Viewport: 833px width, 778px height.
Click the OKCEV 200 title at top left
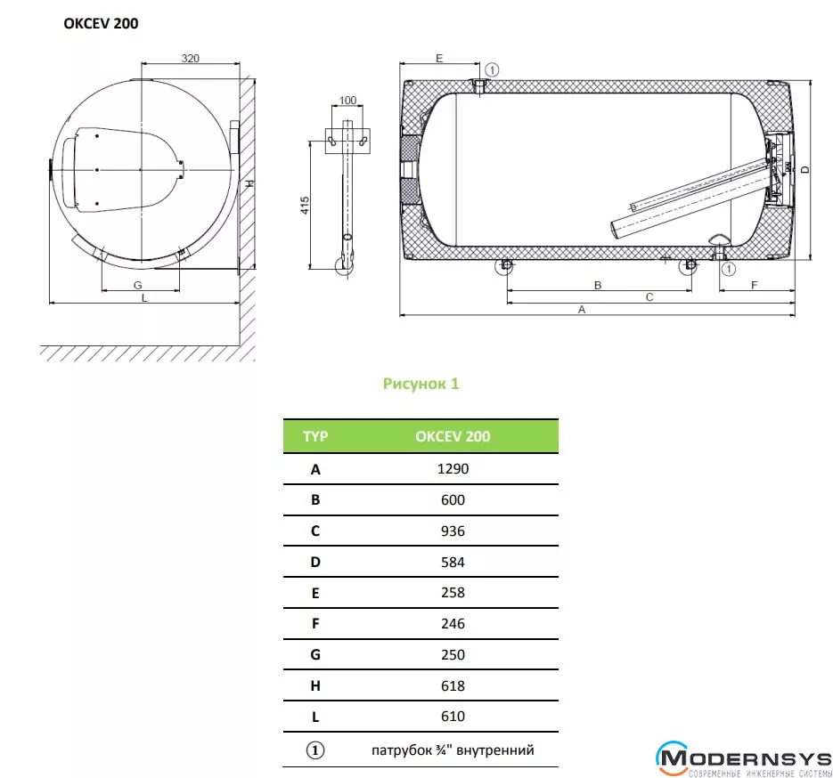coord(101,23)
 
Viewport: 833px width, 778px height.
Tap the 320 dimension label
coord(190,59)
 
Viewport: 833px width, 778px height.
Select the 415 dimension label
coord(305,206)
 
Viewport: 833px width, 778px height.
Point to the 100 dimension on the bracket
coord(347,101)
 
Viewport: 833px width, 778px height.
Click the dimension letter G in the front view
coord(138,285)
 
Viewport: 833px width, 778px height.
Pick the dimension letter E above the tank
coord(439,58)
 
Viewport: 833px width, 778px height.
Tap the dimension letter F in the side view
coord(754,286)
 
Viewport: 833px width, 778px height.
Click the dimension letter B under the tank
coord(598,286)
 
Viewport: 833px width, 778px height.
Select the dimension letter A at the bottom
coord(582,310)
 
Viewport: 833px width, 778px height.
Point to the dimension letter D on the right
coord(805,170)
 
